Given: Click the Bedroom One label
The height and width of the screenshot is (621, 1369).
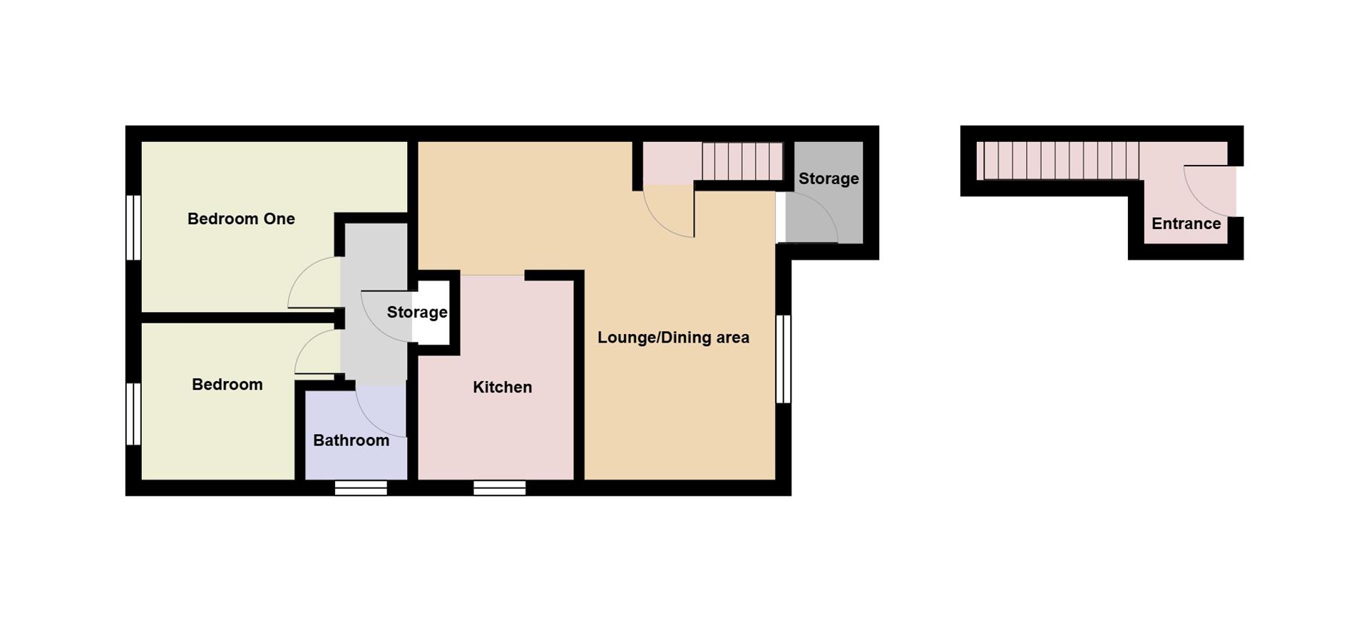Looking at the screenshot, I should pyautogui.click(x=241, y=219).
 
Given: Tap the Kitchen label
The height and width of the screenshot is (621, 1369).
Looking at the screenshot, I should pyautogui.click(x=502, y=387).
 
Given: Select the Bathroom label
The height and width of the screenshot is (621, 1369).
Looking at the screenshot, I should pyautogui.click(x=351, y=440).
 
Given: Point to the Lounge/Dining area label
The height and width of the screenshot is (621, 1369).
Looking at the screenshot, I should pyautogui.click(x=673, y=338).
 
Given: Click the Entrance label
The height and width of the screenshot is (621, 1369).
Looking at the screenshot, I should pyautogui.click(x=1186, y=223).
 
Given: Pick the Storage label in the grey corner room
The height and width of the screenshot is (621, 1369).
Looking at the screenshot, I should pyautogui.click(x=828, y=178).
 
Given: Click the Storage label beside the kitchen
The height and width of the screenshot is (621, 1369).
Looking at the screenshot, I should pyautogui.click(x=417, y=312).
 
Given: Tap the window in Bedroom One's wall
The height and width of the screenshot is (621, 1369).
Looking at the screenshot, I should pyautogui.click(x=133, y=227).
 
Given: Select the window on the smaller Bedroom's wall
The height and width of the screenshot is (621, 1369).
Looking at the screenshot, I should pyautogui.click(x=133, y=414).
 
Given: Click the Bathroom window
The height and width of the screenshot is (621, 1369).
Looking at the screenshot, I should pyautogui.click(x=361, y=488).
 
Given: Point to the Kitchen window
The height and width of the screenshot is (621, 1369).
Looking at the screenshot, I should pyautogui.click(x=499, y=488).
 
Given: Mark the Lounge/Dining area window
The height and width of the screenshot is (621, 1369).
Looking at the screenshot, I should pyautogui.click(x=784, y=359).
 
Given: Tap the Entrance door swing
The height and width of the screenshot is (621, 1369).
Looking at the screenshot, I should pyautogui.click(x=1209, y=189).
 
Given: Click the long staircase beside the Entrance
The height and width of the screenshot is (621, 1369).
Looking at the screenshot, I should pyautogui.click(x=1058, y=161).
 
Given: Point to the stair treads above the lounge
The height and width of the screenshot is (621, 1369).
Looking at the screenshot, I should pyautogui.click(x=742, y=162).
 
